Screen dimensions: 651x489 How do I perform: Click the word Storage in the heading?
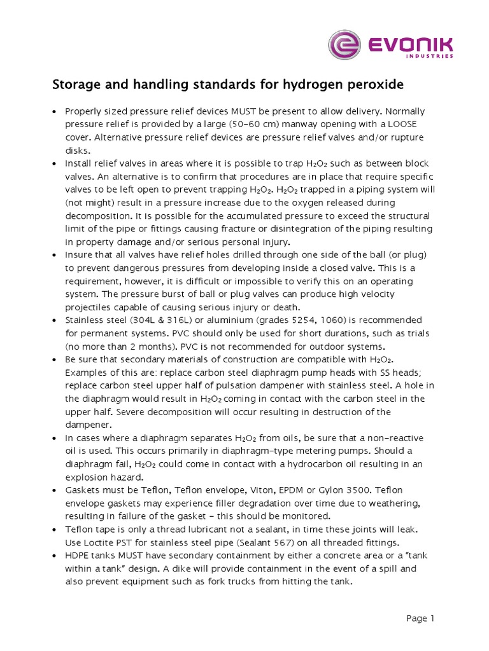tap(75, 85)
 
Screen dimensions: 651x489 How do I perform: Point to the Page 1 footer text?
tap(420, 618)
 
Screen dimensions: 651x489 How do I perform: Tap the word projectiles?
tap(89, 308)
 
